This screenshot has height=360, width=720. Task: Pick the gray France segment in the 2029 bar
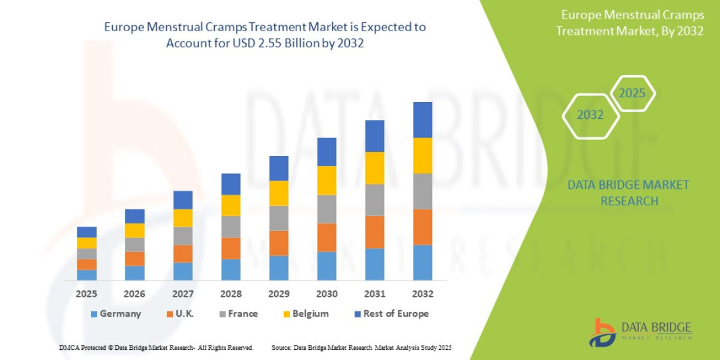click(x=279, y=218)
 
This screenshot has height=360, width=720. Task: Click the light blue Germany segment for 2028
click(x=231, y=269)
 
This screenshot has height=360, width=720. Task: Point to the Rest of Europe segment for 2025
click(x=86, y=232)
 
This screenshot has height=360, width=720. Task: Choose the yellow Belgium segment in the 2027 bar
click(x=183, y=218)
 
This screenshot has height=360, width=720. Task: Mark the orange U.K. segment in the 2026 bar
click(x=134, y=259)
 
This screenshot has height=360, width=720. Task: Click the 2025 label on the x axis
click(x=86, y=294)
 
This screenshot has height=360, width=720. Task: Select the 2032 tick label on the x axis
click(x=423, y=294)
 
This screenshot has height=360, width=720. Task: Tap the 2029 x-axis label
click(x=279, y=294)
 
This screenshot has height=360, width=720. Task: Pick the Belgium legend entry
click(x=305, y=313)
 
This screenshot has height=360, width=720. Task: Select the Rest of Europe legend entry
click(x=390, y=313)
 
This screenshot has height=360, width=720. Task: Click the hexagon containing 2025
click(x=632, y=94)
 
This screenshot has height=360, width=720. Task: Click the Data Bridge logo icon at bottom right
click(x=602, y=332)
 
